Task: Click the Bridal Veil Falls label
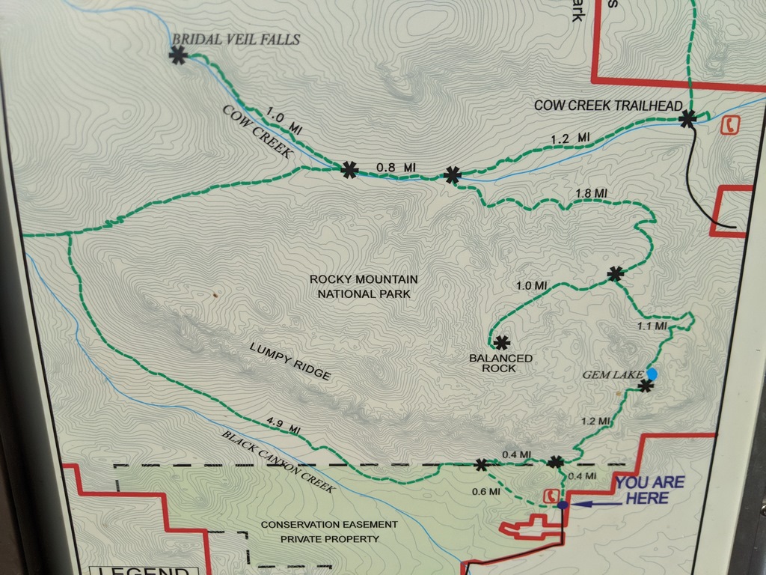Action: click(236, 39)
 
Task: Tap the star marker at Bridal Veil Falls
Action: click(178, 55)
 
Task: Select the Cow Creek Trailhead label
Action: click(608, 106)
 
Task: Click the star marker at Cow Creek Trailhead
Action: click(687, 118)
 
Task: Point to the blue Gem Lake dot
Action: click(652, 374)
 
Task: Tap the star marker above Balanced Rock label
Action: click(501, 342)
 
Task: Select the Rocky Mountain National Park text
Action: click(364, 286)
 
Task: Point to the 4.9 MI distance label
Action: click(284, 425)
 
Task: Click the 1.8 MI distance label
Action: click(591, 194)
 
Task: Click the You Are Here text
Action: click(649, 490)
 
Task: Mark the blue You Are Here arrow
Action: click(595, 505)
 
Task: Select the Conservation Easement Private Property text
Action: click(329, 532)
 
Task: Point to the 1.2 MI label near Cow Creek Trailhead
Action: click(570, 139)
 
